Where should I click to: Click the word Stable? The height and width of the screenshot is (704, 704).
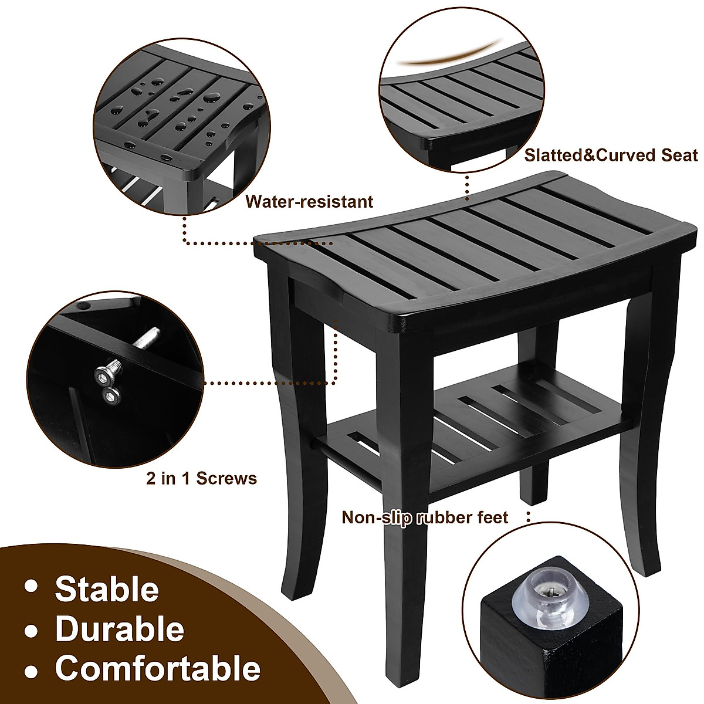click(x=107, y=589)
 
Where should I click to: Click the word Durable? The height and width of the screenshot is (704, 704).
click(x=119, y=629)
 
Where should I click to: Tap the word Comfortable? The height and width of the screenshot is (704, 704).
click(x=157, y=669)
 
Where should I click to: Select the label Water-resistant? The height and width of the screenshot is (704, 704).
click(x=309, y=202)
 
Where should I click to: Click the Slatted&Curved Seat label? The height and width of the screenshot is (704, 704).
click(x=611, y=155)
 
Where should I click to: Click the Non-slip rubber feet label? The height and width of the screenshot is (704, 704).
click(x=425, y=517)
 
